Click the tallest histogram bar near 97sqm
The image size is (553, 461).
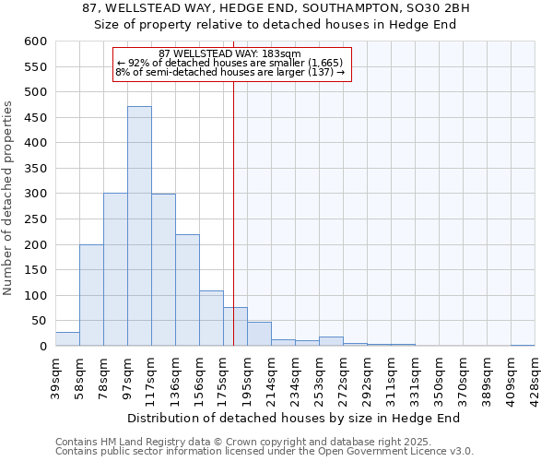coord(139,226)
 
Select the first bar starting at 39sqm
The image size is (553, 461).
coord(67,339)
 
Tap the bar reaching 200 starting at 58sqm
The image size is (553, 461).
coord(91,295)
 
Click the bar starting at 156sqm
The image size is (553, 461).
coord(211,318)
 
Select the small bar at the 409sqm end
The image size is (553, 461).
coord(523,345)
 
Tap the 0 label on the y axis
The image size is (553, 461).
coord(42,347)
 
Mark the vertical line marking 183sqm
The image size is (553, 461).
coord(233,230)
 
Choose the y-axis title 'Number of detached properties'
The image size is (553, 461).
coord(9,198)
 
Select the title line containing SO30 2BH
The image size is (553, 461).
coord(276,8)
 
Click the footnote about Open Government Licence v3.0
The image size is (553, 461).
coord(265,452)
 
